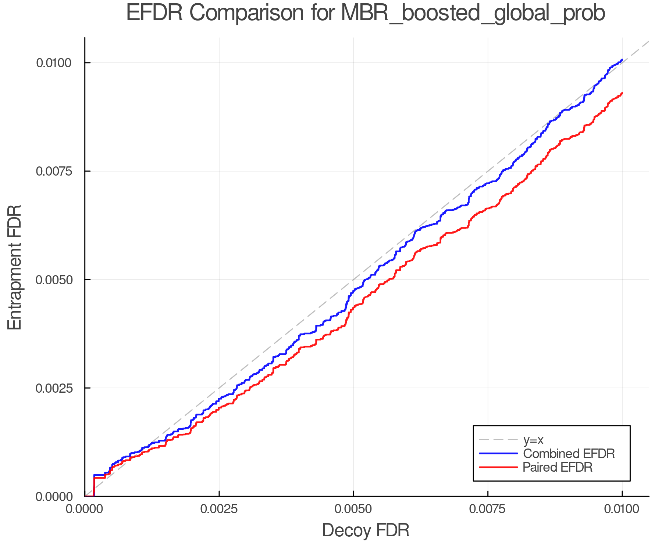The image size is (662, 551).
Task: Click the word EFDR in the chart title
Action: coord(154,13)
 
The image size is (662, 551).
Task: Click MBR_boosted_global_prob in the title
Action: coord(473,14)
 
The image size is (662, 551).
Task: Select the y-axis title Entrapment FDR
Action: coord(15,267)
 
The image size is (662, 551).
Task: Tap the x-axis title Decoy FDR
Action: coord(366,530)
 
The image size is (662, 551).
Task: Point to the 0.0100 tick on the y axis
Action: coord(53,63)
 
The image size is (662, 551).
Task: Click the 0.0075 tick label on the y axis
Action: coord(53,171)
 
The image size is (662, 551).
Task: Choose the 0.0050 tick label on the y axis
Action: coord(53,280)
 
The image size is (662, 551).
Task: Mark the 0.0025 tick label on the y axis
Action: coord(53,388)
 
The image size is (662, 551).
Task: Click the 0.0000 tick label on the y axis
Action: coord(53,497)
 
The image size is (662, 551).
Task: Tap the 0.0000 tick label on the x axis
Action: coord(85,509)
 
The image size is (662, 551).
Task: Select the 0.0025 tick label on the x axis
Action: coord(219,509)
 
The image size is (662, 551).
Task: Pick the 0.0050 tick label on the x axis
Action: coord(353,509)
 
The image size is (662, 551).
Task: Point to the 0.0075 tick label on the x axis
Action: coord(488,509)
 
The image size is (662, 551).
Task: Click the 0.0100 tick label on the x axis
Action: coord(622,509)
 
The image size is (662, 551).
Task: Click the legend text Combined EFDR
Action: coord(569,454)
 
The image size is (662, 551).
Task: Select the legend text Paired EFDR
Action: coord(558,467)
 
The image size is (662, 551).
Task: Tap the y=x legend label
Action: coord(533,440)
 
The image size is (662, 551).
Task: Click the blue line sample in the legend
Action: coord(498,454)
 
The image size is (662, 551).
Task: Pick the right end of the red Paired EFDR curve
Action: coord(622,93)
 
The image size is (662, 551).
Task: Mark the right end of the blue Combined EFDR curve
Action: coord(622,60)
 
